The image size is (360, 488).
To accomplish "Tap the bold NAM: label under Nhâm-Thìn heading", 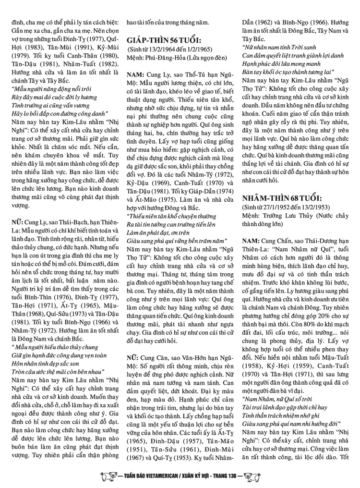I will (252, 240).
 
